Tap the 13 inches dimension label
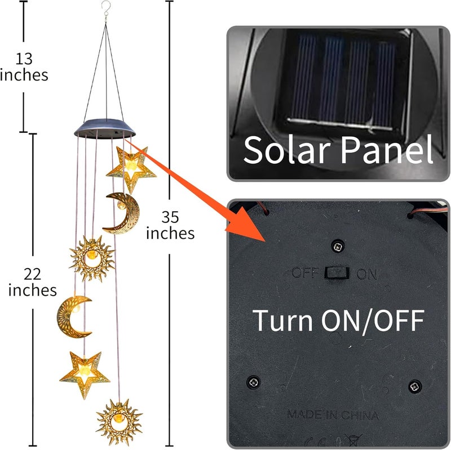click(24, 67)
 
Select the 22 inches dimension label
click(33, 282)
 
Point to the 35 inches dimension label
click(170, 225)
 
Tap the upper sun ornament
click(92, 258)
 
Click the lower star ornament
click(85, 373)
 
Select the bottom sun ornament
click(119, 421)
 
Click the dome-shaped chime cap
click(105, 128)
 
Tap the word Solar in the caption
click(287, 150)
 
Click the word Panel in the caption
click(387, 149)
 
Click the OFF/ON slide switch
click(337, 273)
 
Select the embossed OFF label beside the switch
click(306, 272)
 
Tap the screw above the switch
click(338, 246)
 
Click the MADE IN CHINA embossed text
click(333, 415)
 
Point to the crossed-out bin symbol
click(353, 440)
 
